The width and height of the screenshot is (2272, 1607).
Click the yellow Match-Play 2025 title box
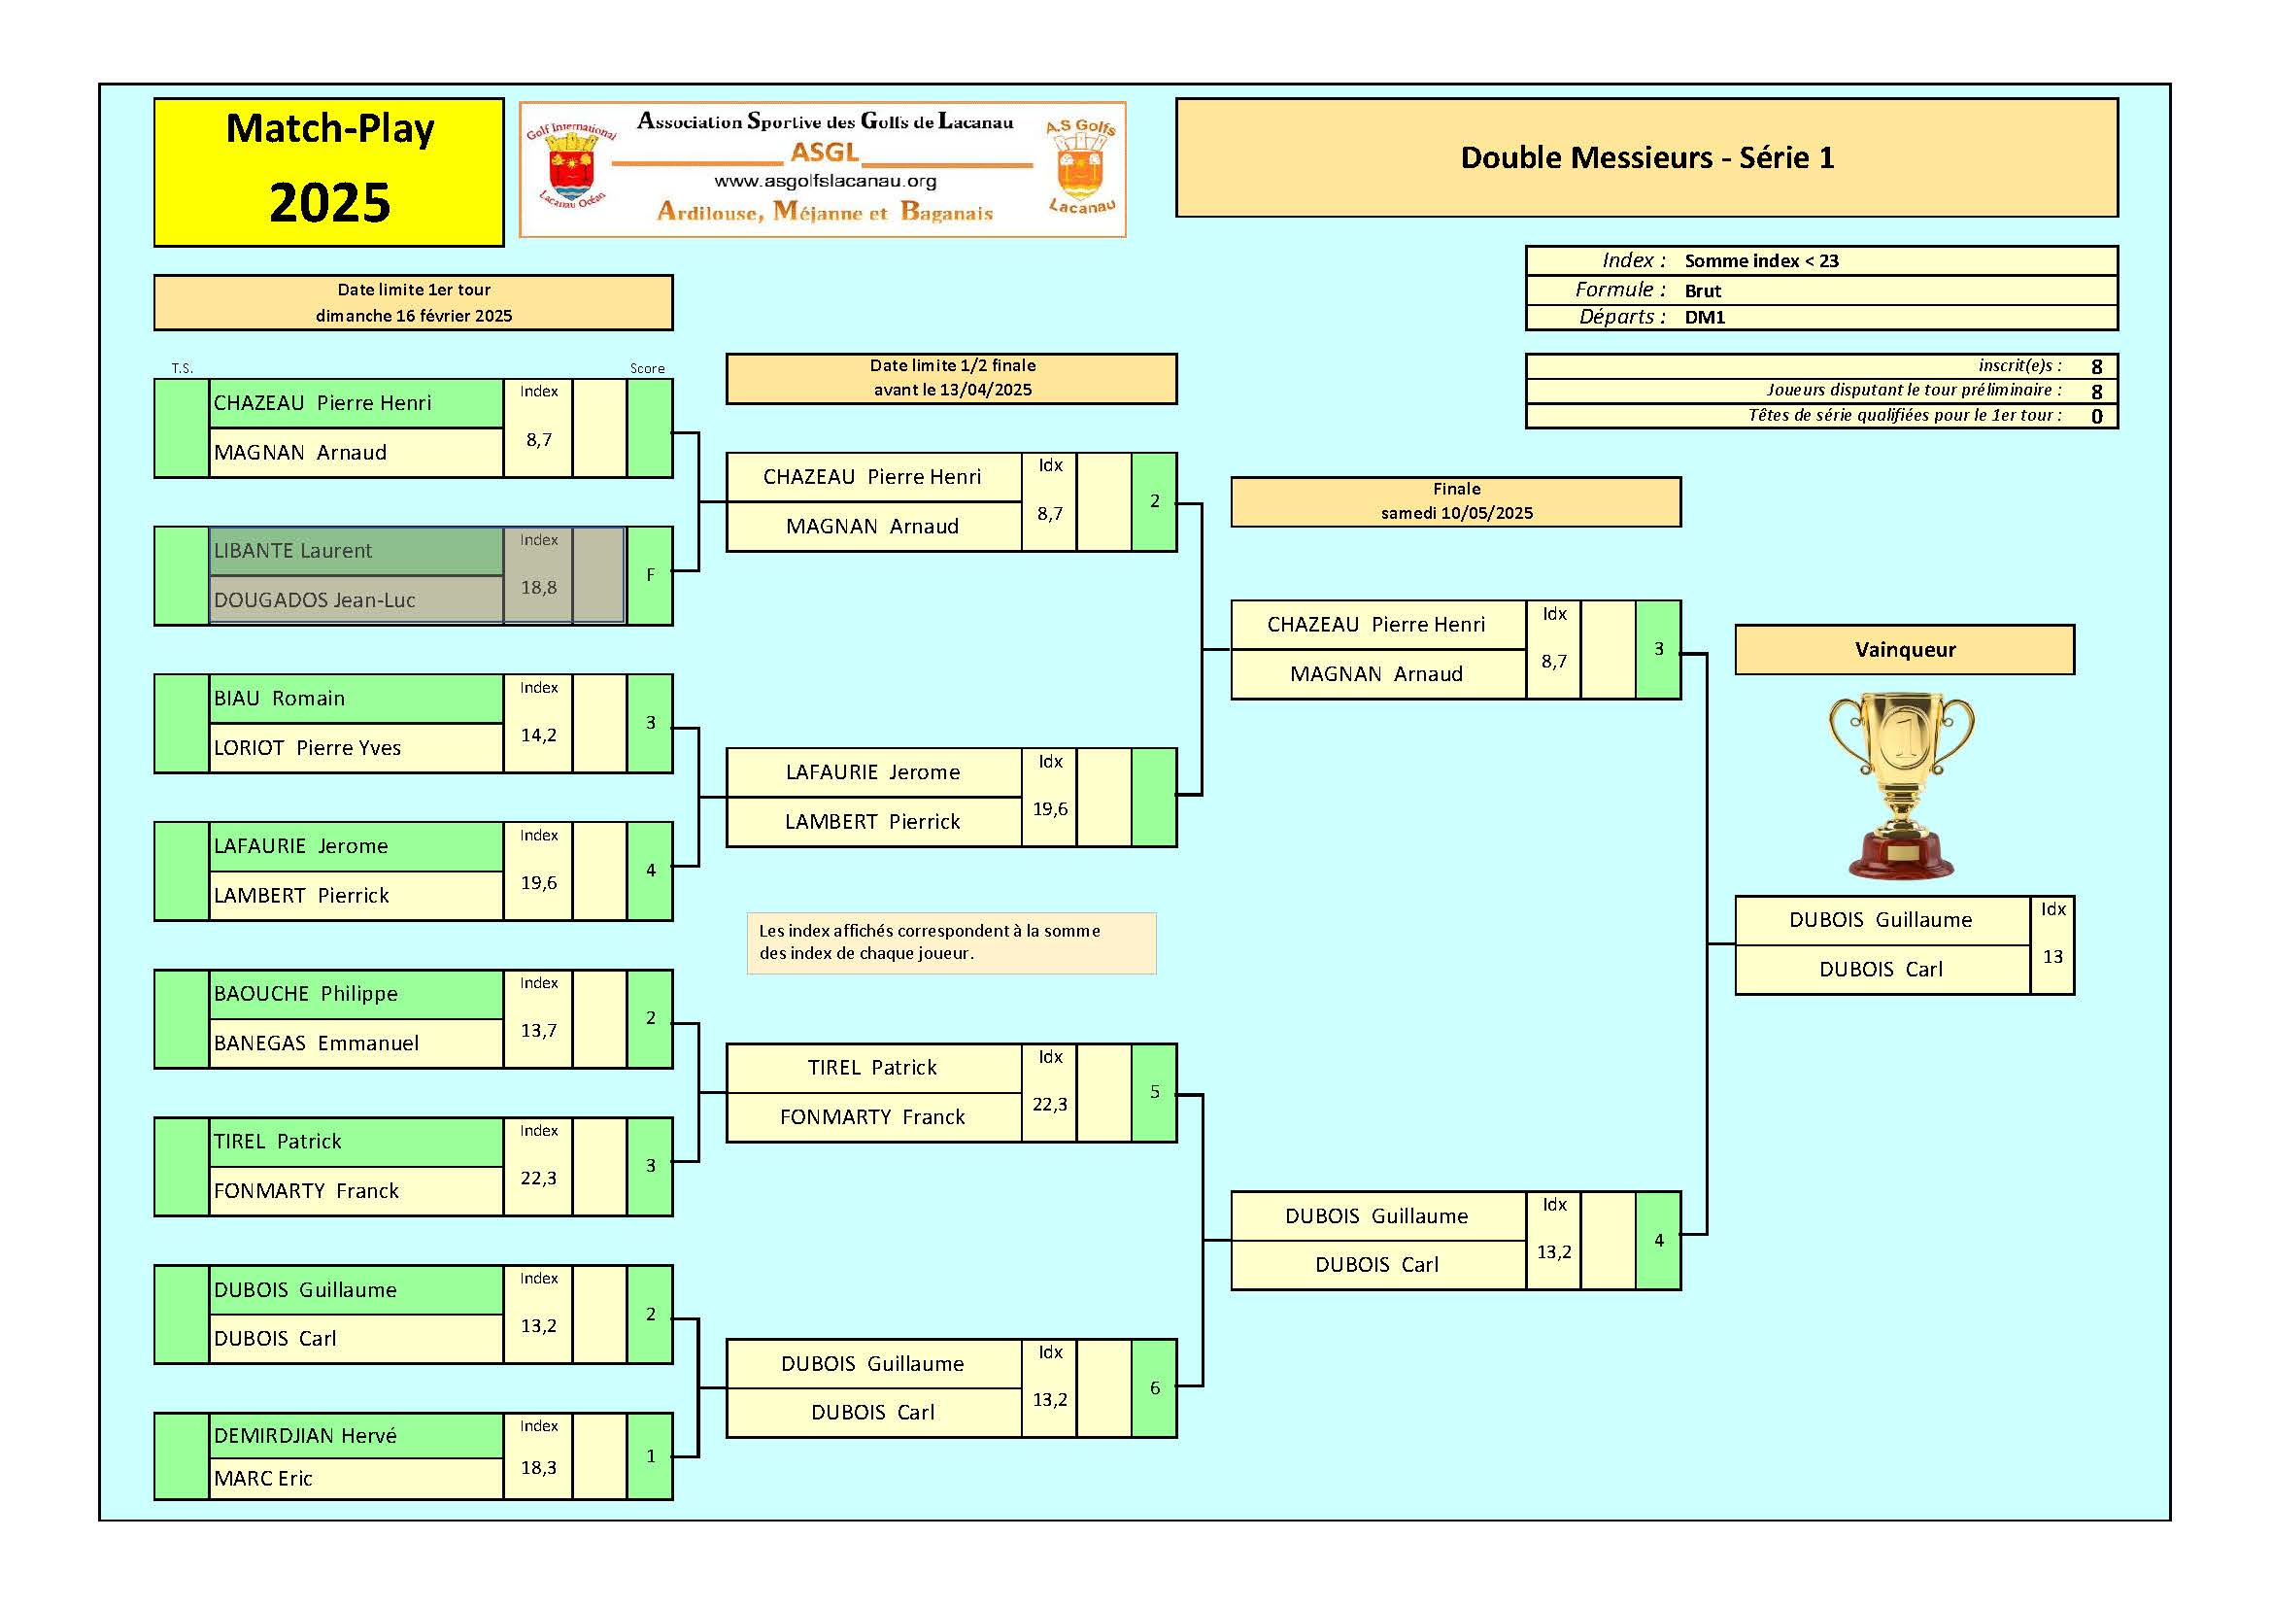(x=328, y=171)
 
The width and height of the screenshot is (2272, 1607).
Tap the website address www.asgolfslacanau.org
(x=825, y=181)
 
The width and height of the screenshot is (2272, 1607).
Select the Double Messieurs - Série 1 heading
(x=1646, y=157)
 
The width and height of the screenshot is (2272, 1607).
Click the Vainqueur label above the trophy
(x=1904, y=650)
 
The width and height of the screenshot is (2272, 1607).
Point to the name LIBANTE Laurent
(x=293, y=551)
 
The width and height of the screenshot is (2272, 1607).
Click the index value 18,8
(x=538, y=588)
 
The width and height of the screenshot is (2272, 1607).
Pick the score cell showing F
(x=650, y=575)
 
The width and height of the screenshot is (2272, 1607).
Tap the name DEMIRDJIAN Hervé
(x=305, y=1436)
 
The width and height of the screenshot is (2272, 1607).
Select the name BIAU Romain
(x=279, y=699)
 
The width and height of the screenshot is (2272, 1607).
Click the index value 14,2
(x=538, y=735)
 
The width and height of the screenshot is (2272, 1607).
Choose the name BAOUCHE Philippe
(x=305, y=994)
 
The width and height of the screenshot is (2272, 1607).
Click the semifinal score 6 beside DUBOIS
(x=1154, y=1388)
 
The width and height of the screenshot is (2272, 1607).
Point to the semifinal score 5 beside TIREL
(x=1154, y=1092)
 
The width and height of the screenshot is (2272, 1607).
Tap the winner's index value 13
(x=2052, y=957)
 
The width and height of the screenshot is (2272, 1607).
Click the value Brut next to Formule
(x=1703, y=291)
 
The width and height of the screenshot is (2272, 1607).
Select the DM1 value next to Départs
(x=1705, y=318)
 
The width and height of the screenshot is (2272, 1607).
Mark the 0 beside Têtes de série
(x=2096, y=417)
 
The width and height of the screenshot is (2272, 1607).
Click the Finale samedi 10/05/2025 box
(x=1456, y=501)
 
